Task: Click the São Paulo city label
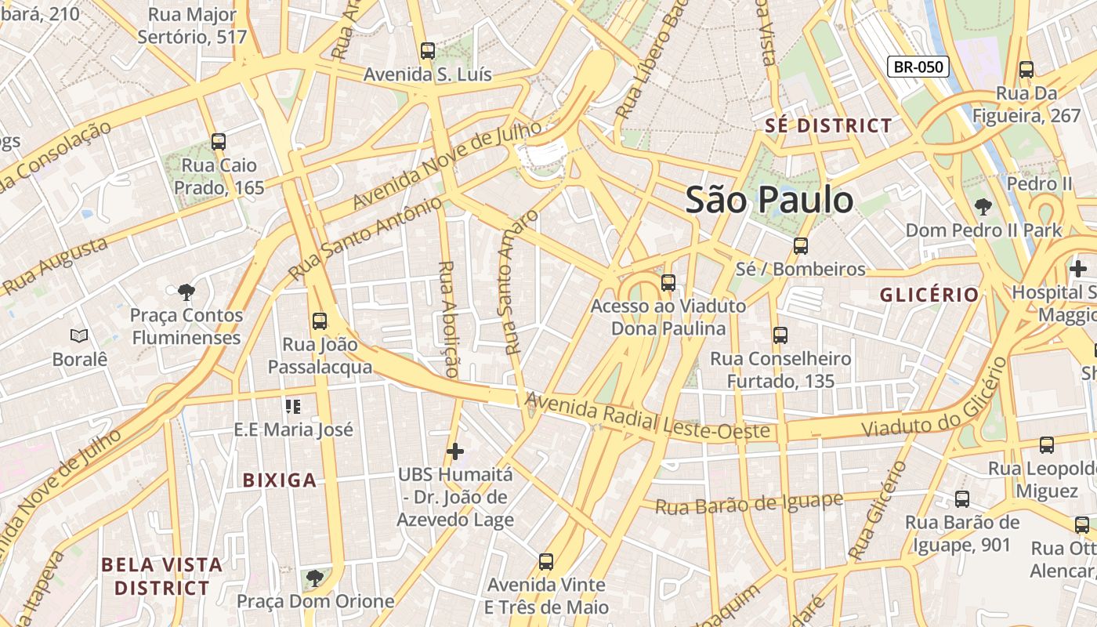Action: (x=769, y=201)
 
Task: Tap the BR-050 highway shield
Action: (x=918, y=67)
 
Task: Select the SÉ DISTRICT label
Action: (x=827, y=125)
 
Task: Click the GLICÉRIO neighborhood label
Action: (x=929, y=295)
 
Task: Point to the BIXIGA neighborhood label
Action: (x=280, y=480)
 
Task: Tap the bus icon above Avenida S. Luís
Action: (x=427, y=51)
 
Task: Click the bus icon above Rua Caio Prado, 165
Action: (x=219, y=142)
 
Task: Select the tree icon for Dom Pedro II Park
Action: (x=983, y=207)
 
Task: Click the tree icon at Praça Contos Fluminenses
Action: (x=186, y=292)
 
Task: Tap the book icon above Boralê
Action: (x=79, y=335)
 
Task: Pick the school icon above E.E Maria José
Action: (x=293, y=406)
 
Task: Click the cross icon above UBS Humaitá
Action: (x=454, y=451)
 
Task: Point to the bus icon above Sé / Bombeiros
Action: (x=800, y=245)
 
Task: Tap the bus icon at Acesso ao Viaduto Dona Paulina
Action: (x=668, y=282)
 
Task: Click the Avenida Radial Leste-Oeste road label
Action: (x=646, y=418)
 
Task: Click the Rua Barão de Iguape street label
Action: (x=748, y=503)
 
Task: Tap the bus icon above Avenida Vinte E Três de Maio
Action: (x=546, y=561)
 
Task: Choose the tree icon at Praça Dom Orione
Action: (x=314, y=578)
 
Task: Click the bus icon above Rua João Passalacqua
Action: (x=320, y=321)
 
